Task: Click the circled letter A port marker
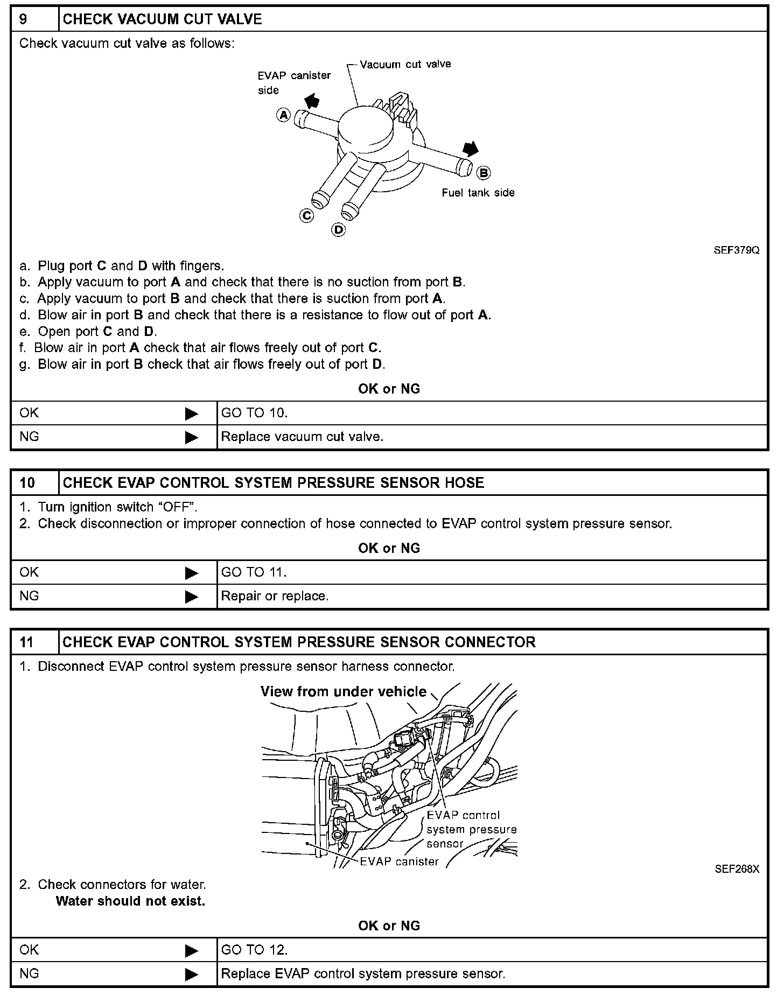tap(284, 114)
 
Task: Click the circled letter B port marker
tap(484, 172)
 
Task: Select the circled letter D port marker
tap(339, 230)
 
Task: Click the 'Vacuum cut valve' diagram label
tap(405, 64)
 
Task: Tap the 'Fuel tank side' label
tap(478, 193)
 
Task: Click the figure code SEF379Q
tap(737, 250)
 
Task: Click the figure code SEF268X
tap(737, 869)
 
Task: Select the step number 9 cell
tap(34, 19)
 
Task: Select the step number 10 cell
tap(34, 482)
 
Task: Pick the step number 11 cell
tap(34, 642)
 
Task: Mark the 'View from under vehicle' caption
tap(344, 691)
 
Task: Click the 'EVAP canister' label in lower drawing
tap(399, 861)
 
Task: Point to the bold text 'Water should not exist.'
tap(130, 901)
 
